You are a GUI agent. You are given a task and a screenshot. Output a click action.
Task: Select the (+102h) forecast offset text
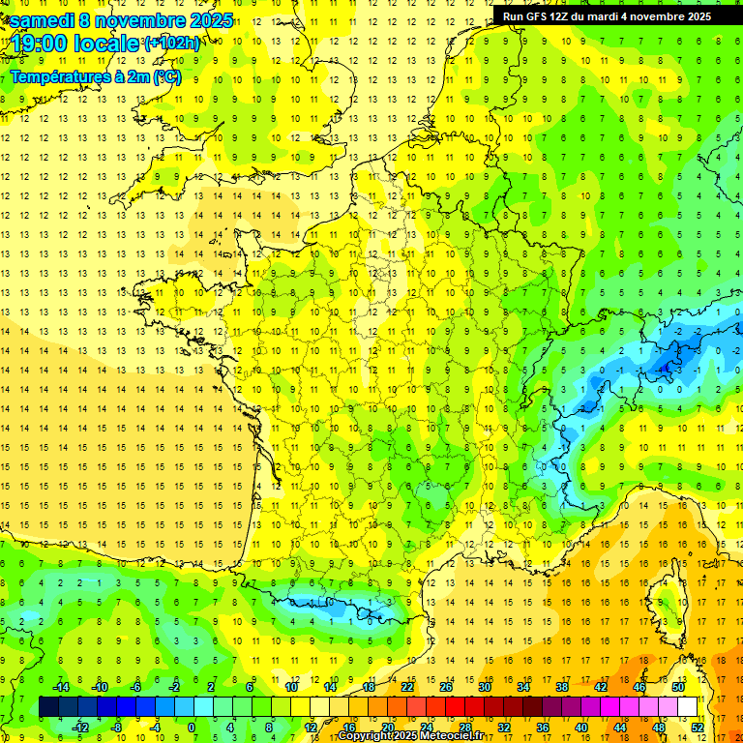[x=172, y=43]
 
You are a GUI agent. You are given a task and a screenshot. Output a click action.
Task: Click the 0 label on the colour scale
[x=192, y=728]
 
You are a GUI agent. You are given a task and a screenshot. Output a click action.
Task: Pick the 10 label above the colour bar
[x=290, y=687]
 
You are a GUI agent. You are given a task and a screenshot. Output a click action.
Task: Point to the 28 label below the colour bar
[x=464, y=728]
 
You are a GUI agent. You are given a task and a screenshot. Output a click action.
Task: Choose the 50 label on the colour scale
[x=678, y=687]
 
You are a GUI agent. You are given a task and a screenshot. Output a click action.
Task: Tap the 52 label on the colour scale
[x=698, y=728]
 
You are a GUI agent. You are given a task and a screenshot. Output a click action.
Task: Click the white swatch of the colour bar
[x=688, y=707]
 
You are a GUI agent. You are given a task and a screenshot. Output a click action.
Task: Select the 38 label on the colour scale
[x=562, y=687]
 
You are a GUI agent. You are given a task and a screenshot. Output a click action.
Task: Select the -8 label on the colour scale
[x=117, y=728]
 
